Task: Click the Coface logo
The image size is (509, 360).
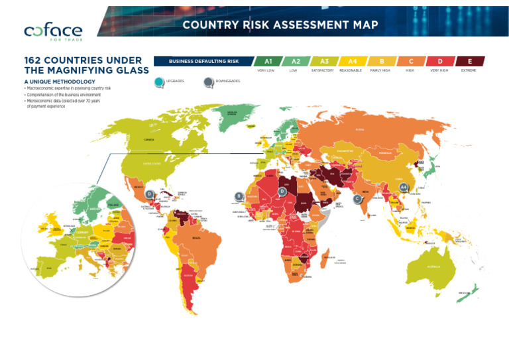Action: click(x=53, y=30)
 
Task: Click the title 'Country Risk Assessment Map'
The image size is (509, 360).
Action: click(x=280, y=25)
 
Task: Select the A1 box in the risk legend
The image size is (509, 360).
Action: click(x=268, y=61)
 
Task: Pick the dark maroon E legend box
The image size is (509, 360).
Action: click(x=470, y=61)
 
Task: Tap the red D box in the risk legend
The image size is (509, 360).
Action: click(x=440, y=61)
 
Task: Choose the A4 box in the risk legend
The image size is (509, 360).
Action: click(x=353, y=61)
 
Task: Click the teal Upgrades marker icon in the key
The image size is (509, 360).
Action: click(x=158, y=82)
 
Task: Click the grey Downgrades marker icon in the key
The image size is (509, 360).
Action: click(x=209, y=82)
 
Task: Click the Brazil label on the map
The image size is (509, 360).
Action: click(x=196, y=237)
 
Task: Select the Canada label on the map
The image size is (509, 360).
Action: click(x=150, y=140)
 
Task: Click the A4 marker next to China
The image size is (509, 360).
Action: click(x=403, y=188)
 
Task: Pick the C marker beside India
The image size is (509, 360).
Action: click(x=358, y=198)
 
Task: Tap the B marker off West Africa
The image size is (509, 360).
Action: click(x=239, y=196)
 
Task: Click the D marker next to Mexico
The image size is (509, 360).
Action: click(x=150, y=194)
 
